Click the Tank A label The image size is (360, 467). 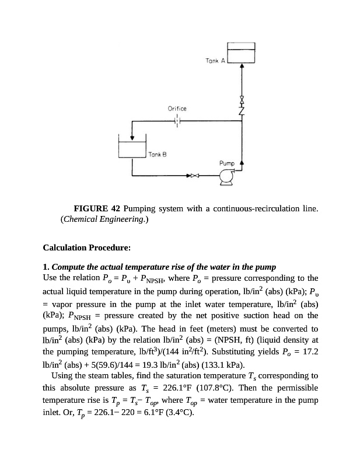tap(215, 61)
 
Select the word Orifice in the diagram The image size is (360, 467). tap(177, 109)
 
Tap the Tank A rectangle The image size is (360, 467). tap(241, 53)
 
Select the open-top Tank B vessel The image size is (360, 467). tap(132, 148)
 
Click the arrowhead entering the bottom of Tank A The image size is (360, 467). tap(242, 67)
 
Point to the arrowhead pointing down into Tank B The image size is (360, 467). tap(132, 138)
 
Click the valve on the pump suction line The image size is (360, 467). tap(193, 175)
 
